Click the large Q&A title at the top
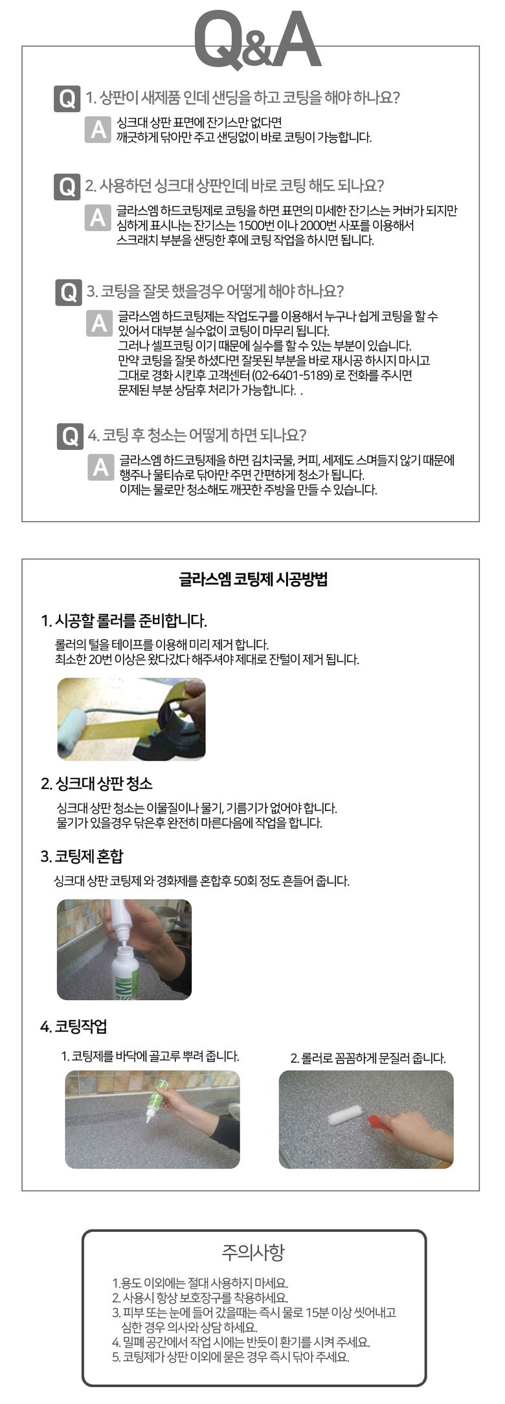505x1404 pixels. pyautogui.click(x=257, y=39)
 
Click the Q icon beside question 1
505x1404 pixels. pyautogui.click(x=67, y=98)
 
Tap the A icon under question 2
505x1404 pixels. pyautogui.click(x=98, y=217)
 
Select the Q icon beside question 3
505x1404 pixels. pyautogui.click(x=68, y=292)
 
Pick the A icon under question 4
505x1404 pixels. pyautogui.click(x=101, y=467)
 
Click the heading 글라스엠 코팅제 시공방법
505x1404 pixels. pyautogui.click(x=253, y=578)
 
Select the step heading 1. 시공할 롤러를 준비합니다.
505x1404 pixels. pyautogui.click(x=124, y=621)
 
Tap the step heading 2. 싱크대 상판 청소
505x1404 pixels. pyautogui.click(x=96, y=783)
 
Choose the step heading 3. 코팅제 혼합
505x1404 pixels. pyautogui.click(x=82, y=856)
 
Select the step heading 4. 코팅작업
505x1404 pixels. pyautogui.click(x=74, y=1026)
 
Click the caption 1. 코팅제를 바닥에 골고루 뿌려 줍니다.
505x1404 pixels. pyautogui.click(x=150, y=1056)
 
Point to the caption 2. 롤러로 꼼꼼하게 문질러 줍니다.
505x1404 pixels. pyautogui.click(x=368, y=1058)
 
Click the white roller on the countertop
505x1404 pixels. pyautogui.click(x=348, y=1115)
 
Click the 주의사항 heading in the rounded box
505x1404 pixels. pyautogui.click(x=253, y=1252)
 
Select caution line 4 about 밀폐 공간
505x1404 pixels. pyautogui.click(x=241, y=1342)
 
